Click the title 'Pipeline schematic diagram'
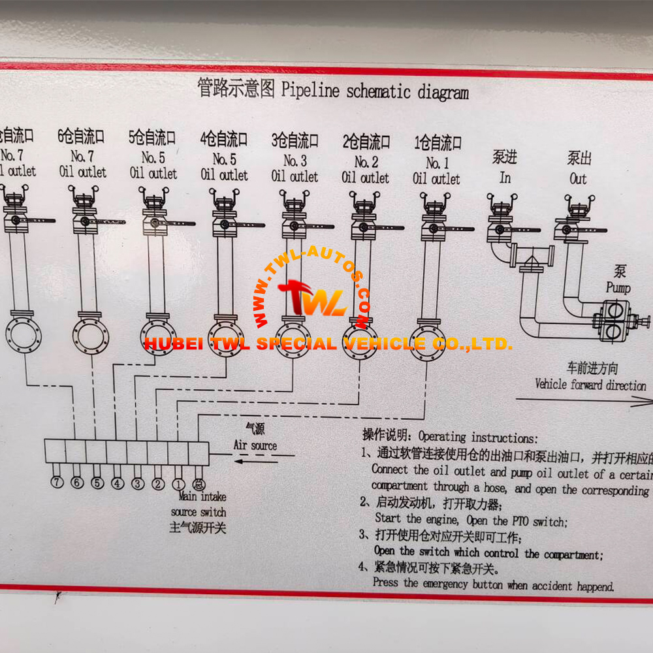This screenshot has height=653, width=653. [x=375, y=91]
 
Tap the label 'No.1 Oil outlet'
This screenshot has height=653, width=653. [x=436, y=170]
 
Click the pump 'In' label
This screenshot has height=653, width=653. [x=505, y=178]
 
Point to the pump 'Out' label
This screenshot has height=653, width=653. [x=578, y=178]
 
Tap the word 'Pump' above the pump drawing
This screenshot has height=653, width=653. [x=618, y=287]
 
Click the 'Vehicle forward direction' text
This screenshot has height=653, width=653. [x=590, y=385]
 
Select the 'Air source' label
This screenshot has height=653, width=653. [x=255, y=445]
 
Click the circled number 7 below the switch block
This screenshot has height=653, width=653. [x=57, y=483]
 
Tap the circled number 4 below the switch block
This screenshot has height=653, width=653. [x=118, y=484]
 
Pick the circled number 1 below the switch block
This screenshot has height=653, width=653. [x=178, y=485]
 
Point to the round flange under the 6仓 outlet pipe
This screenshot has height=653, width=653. [x=90, y=334]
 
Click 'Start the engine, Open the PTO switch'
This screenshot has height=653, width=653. [x=471, y=520]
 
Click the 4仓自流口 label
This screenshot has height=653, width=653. [x=224, y=139]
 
